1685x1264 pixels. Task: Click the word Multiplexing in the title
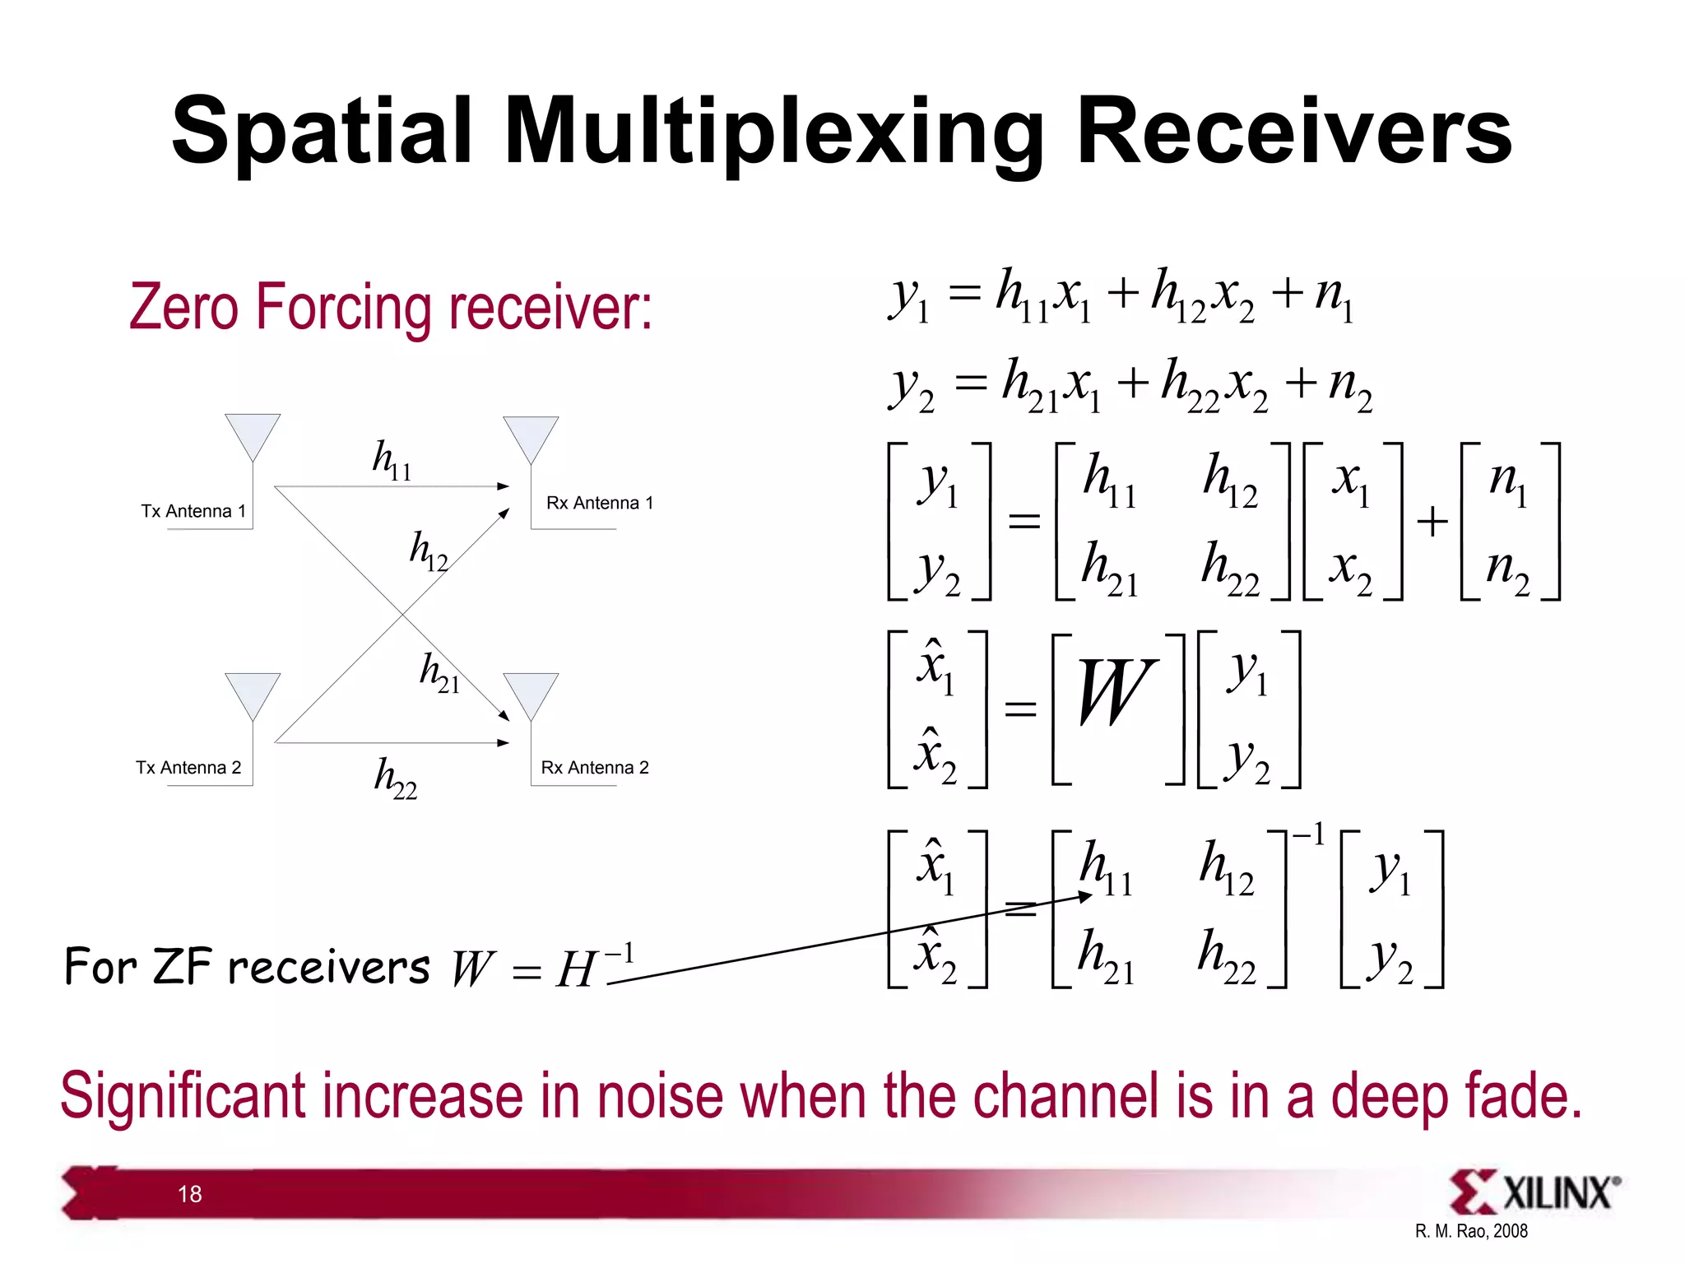(773, 132)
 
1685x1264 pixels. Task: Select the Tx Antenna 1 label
(193, 511)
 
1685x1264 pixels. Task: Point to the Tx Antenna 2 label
(188, 768)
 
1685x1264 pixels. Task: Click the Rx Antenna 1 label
(600, 503)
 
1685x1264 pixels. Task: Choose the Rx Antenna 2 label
(595, 768)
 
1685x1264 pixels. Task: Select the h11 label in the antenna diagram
(392, 460)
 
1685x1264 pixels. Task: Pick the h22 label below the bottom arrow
(395, 778)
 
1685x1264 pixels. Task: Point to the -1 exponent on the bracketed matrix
(1308, 835)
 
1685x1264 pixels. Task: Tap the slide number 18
(190, 1194)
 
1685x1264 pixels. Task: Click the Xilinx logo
(1534, 1192)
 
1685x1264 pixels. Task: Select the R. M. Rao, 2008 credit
(1471, 1231)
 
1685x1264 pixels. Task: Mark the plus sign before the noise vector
(1432, 522)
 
